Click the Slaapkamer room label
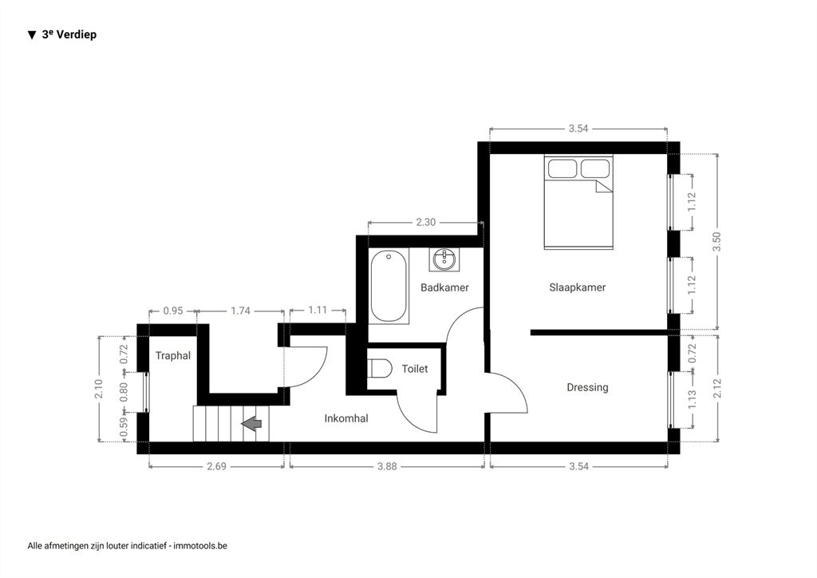point(578,287)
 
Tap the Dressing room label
point(587,387)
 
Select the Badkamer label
point(444,287)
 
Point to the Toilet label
point(415,369)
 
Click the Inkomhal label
point(346,418)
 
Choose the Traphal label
point(173,355)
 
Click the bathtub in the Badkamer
point(389,287)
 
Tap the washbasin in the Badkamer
point(444,259)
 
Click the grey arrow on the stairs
point(251,423)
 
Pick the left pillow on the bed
point(562,168)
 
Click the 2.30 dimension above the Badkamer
point(426,222)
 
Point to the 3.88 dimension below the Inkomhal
point(387,466)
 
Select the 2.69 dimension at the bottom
point(216,466)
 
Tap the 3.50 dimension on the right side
point(717,241)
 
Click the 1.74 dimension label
point(241,311)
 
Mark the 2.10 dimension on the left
point(99,389)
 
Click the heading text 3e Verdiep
point(69,34)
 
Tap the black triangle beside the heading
point(32,35)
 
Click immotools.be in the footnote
point(200,546)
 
